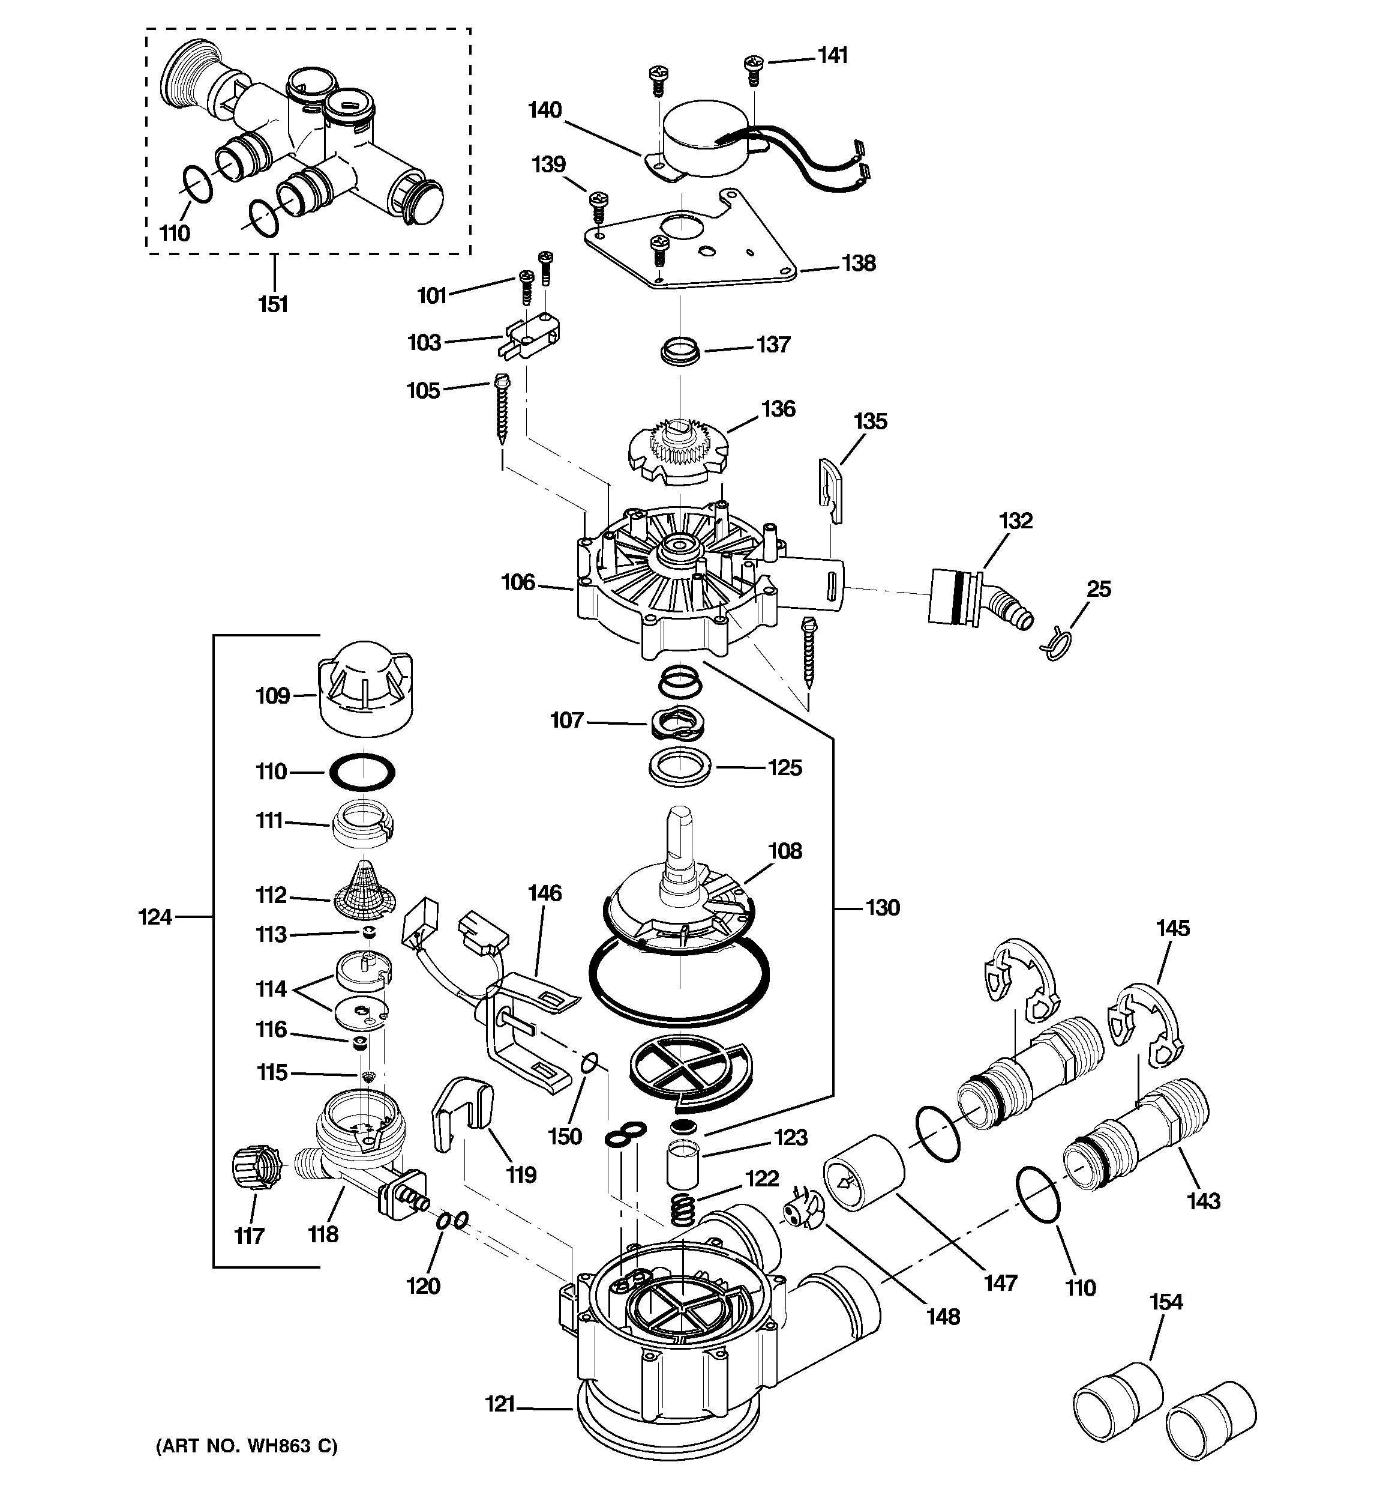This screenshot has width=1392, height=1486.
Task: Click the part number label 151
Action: click(274, 304)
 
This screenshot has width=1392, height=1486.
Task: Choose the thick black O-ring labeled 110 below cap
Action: click(362, 771)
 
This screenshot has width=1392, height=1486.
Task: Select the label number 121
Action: click(500, 1406)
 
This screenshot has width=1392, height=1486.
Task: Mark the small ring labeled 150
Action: click(590, 1062)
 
